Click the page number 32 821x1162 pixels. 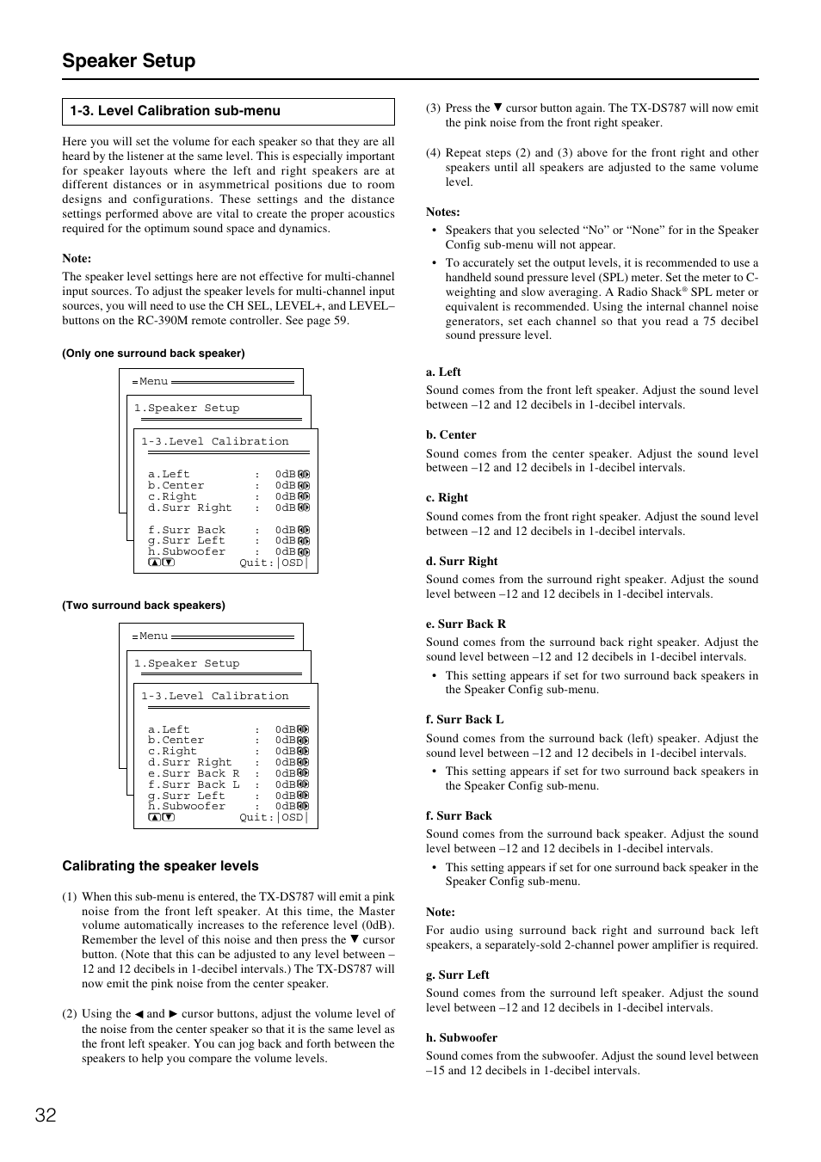point(46,1116)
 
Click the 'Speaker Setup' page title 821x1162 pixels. point(128,61)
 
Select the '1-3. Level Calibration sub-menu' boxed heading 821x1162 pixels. point(176,111)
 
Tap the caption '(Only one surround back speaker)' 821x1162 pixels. point(153,354)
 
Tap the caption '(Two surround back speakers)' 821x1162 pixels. point(144,606)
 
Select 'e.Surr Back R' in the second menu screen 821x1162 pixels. point(194,773)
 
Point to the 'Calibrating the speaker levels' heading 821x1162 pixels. point(160,866)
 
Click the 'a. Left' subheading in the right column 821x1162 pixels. point(443,372)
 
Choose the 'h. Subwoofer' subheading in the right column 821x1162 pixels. point(461,1037)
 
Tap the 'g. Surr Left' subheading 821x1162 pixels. point(457,974)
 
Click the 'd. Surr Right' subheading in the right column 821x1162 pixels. point(461,561)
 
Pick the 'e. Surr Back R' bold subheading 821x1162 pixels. point(466,624)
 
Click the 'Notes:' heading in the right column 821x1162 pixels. point(442,212)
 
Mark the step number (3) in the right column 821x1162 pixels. point(433,108)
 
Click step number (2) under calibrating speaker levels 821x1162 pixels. point(69,1014)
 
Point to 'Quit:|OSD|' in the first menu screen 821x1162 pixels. point(273,563)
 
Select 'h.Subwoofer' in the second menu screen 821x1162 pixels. point(187,806)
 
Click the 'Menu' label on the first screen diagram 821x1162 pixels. point(153,381)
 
